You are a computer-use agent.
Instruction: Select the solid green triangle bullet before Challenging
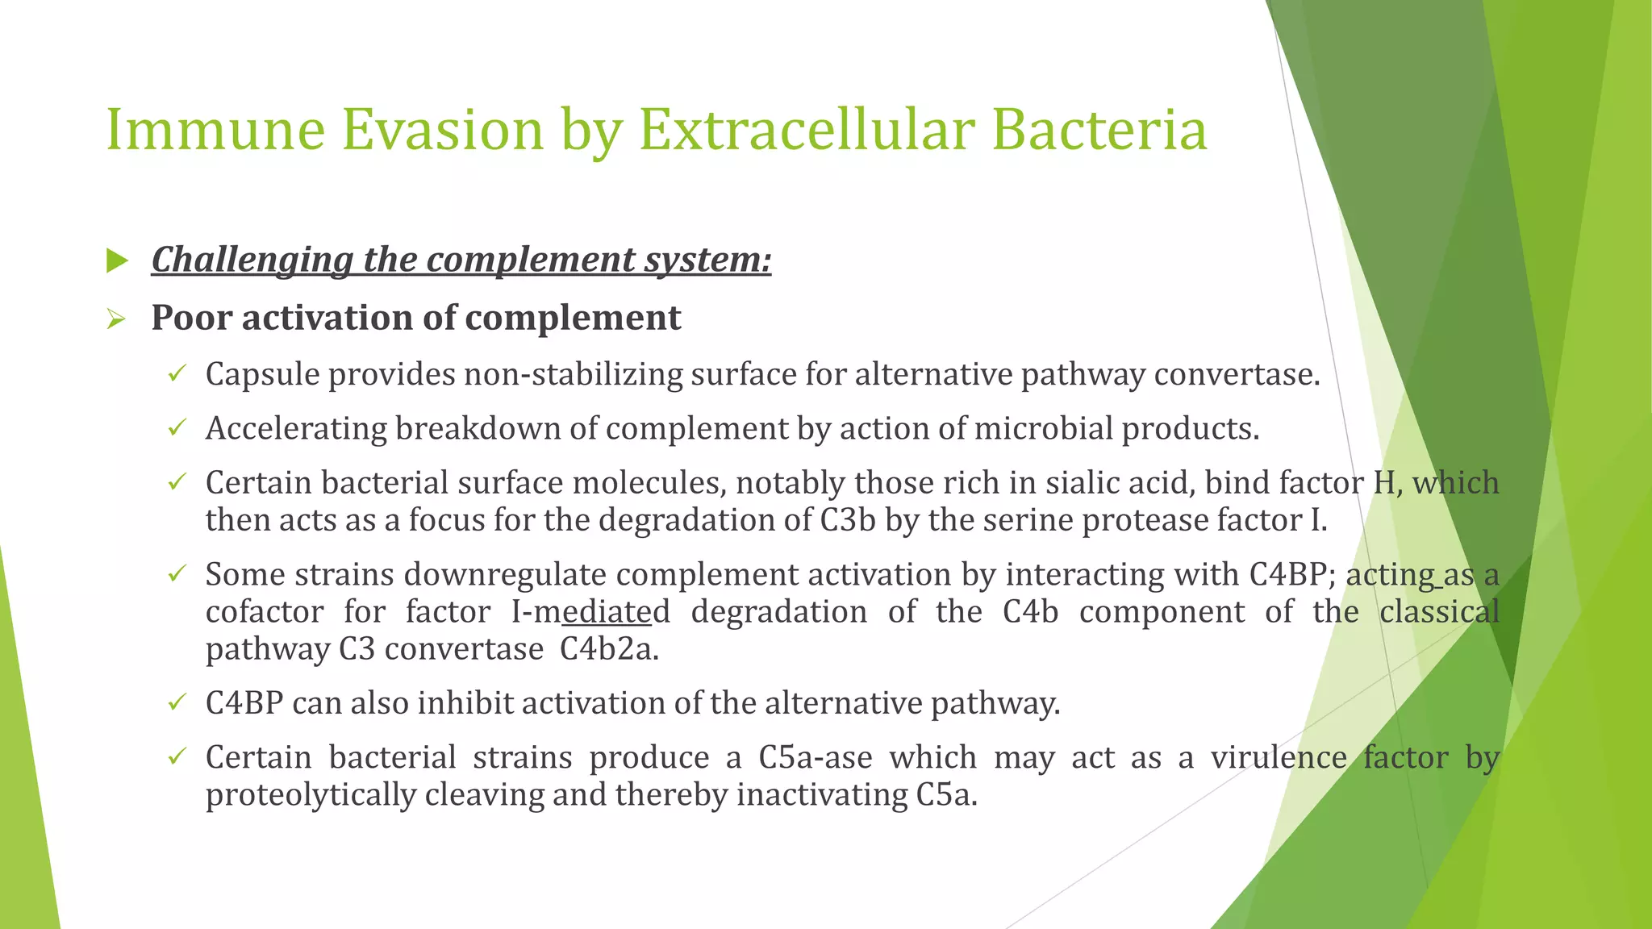tap(117, 261)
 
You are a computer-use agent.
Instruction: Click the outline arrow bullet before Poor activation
tap(116, 320)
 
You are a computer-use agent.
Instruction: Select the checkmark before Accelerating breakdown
tap(177, 427)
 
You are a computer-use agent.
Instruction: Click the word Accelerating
tap(296, 429)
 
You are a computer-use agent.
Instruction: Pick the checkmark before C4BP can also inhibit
tap(177, 702)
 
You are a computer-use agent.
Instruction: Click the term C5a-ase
tap(816, 758)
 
